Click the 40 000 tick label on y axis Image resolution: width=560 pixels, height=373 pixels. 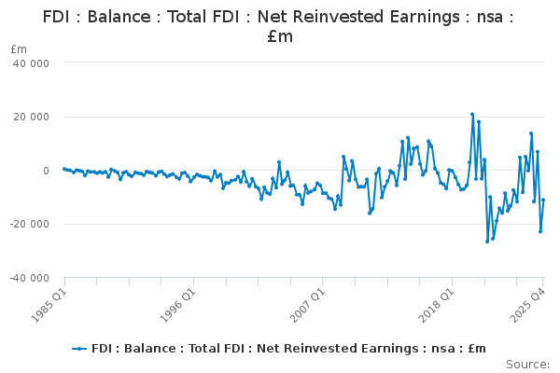pyautogui.click(x=31, y=62)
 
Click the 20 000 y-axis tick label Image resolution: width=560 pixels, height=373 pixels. pyautogui.click(x=31, y=117)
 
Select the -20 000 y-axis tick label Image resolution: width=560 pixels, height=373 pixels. pyautogui.click(x=29, y=224)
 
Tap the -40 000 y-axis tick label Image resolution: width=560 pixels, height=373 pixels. pyautogui.click(x=29, y=278)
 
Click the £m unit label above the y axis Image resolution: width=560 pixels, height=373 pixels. pyautogui.click(x=19, y=48)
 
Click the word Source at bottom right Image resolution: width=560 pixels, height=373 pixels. pyautogui.click(x=527, y=364)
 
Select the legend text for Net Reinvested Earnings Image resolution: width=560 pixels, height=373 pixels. pyautogui.click(x=288, y=348)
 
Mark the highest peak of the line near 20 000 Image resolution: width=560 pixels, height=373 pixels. pyautogui.click(x=472, y=114)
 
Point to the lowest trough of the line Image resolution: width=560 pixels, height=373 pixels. pyautogui.click(x=487, y=242)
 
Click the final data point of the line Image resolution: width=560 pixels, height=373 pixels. pyautogui.click(x=543, y=200)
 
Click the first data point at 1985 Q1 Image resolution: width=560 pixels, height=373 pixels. pyautogui.click(x=63, y=169)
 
